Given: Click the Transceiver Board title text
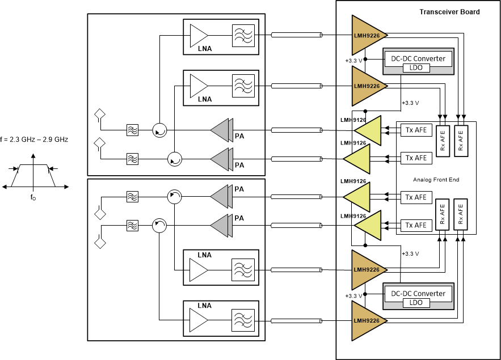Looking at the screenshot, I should pos(449,12).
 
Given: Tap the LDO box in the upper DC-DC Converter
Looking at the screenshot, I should pos(418,68).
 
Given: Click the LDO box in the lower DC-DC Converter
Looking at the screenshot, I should pos(418,303).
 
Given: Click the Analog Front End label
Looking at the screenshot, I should pos(436,180).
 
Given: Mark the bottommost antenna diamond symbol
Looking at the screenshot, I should pos(100,243).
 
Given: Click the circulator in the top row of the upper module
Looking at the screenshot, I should pos(159,131).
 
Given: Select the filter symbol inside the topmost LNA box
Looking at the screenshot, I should pos(243,36).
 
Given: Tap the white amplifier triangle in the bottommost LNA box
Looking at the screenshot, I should pos(199,320).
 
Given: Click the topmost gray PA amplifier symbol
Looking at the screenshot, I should pos(221,130).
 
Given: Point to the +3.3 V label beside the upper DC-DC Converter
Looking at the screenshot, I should pos(353,60).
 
